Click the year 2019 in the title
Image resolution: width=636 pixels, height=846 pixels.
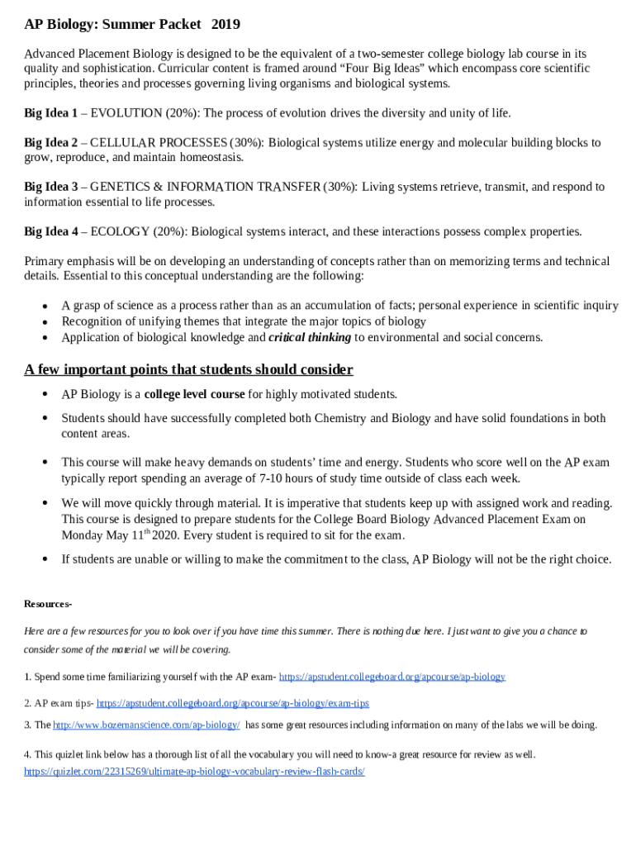pos(225,25)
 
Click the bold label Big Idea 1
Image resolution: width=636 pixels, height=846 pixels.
pos(50,113)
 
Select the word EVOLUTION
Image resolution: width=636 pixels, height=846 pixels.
pos(126,113)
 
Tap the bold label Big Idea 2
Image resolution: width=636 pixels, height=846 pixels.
pos(50,143)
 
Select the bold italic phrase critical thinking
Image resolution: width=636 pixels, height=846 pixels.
pos(310,337)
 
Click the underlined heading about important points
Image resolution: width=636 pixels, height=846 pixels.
pos(188,369)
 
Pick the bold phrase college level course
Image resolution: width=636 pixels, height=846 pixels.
pos(194,394)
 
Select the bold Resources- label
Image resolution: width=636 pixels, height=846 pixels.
pos(48,604)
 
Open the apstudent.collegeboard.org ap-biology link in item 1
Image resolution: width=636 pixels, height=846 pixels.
pos(392,677)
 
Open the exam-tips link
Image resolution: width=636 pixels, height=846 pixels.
pos(232,703)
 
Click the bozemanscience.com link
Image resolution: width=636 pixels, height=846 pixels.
pos(146,725)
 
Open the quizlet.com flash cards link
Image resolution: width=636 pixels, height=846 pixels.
pos(194,771)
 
